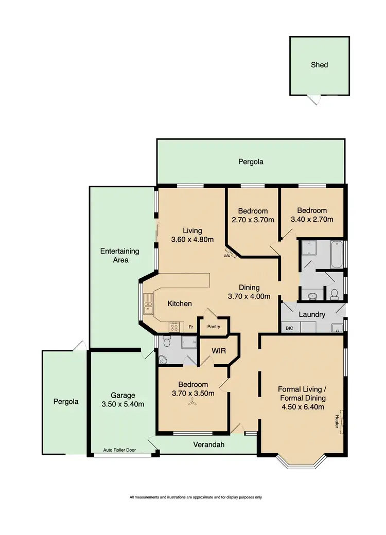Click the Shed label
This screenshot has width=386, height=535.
tap(319, 65)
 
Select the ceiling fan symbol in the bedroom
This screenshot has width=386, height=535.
tap(192, 404)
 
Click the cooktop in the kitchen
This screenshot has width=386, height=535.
tap(174, 327)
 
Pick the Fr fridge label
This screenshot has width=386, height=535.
tap(190, 327)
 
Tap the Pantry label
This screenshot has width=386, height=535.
tap(214, 326)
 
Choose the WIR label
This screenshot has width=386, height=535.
tap(219, 351)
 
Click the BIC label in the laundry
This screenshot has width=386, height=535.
tap(287, 328)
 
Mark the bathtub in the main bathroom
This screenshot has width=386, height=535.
tap(337, 255)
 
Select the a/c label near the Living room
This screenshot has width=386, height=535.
tap(227, 255)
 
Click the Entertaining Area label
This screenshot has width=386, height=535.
tap(119, 256)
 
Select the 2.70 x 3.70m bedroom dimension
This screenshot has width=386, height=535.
tap(253, 220)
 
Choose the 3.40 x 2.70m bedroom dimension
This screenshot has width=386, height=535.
tap(312, 219)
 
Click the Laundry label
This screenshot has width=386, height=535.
tap(312, 314)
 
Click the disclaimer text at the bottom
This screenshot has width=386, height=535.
tap(196, 497)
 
